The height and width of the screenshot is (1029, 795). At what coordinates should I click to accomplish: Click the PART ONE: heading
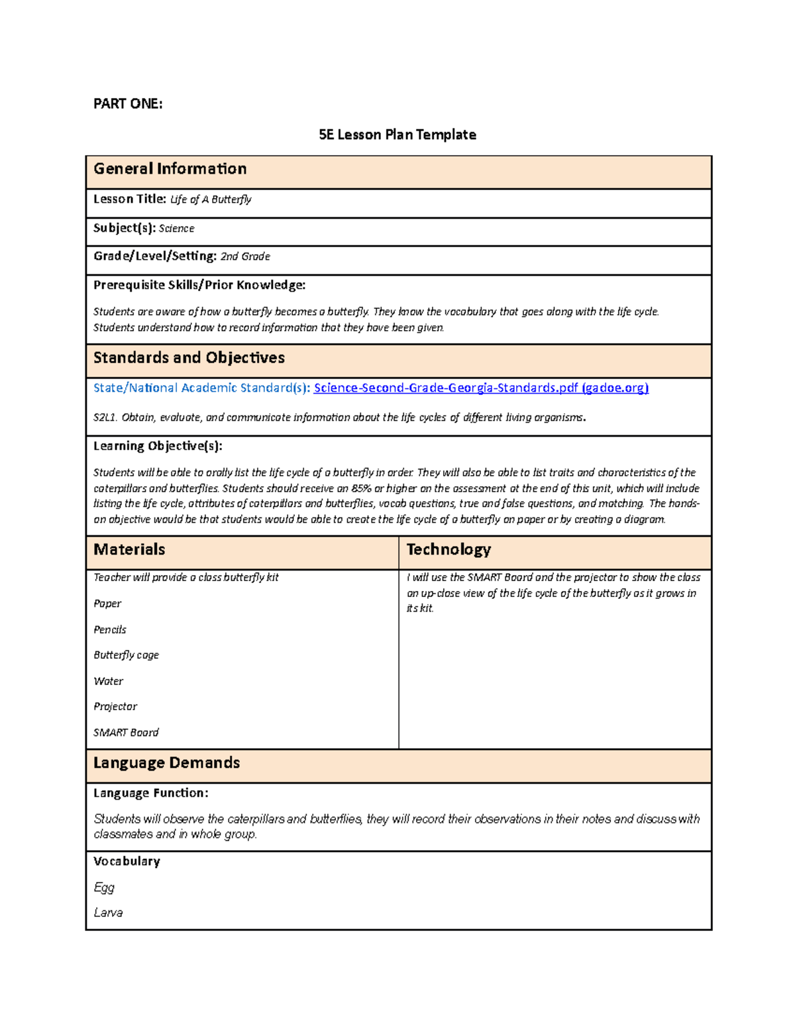128,103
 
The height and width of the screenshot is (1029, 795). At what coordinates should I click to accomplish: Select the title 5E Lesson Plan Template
397,135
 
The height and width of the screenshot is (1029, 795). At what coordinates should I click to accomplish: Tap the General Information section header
170,169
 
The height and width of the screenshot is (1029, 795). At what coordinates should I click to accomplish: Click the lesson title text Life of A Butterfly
211,199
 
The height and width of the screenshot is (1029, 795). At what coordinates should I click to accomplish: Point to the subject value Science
176,229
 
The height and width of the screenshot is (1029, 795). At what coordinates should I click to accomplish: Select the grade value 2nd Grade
244,256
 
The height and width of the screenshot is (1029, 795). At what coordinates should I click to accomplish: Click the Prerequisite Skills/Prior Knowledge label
199,285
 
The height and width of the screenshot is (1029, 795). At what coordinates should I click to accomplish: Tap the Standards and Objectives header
189,358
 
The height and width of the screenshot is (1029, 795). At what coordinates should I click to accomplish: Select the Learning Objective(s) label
158,446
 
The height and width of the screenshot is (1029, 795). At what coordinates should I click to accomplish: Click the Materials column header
129,549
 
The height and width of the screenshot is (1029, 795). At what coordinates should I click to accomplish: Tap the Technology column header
449,549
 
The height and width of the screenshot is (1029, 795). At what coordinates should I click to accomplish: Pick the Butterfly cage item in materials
126,655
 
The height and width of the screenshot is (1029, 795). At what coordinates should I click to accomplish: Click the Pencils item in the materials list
110,629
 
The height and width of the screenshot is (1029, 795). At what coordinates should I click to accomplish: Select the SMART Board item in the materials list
126,732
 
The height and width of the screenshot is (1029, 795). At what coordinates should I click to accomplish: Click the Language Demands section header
166,763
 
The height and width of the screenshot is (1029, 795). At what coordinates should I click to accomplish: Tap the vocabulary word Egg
104,887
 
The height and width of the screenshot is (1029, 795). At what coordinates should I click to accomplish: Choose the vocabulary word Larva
108,912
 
